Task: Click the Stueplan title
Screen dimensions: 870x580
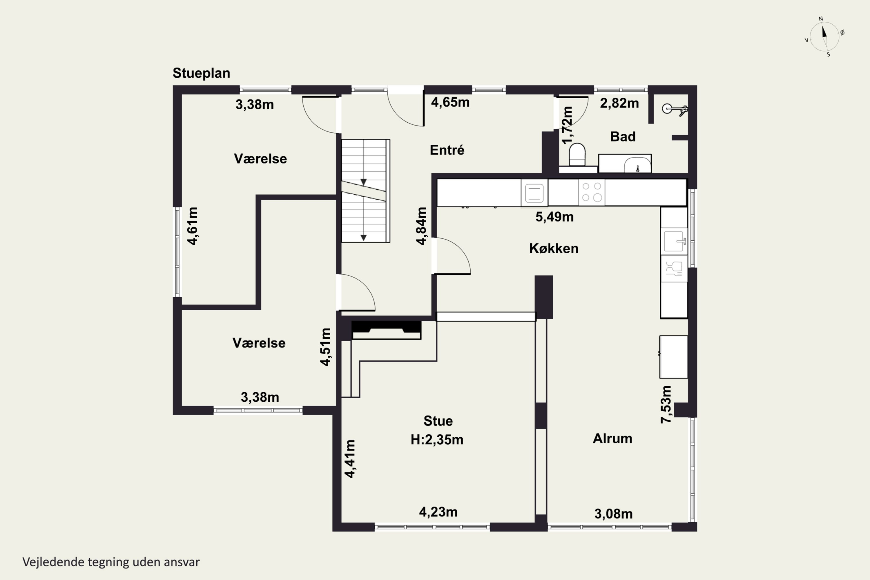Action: tap(201, 73)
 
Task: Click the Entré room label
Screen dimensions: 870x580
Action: tap(447, 150)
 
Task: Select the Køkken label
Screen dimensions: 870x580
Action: tap(554, 248)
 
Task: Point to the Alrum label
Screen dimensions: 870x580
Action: tap(612, 438)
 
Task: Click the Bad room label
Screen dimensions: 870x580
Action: tap(623, 137)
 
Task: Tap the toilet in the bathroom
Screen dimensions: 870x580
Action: tap(577, 154)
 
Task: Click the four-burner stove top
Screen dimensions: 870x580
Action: tap(592, 192)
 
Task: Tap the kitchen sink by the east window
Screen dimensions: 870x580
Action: tap(674, 241)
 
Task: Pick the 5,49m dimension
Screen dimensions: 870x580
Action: tap(554, 217)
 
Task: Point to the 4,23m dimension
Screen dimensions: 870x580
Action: tap(438, 512)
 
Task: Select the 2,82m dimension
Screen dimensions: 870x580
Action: tap(619, 103)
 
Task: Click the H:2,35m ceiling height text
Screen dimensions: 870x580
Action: tap(437, 439)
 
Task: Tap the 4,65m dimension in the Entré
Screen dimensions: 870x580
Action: tap(450, 102)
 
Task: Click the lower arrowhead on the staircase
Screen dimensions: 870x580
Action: tap(364, 238)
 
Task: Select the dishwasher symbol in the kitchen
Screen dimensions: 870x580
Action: tap(674, 269)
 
